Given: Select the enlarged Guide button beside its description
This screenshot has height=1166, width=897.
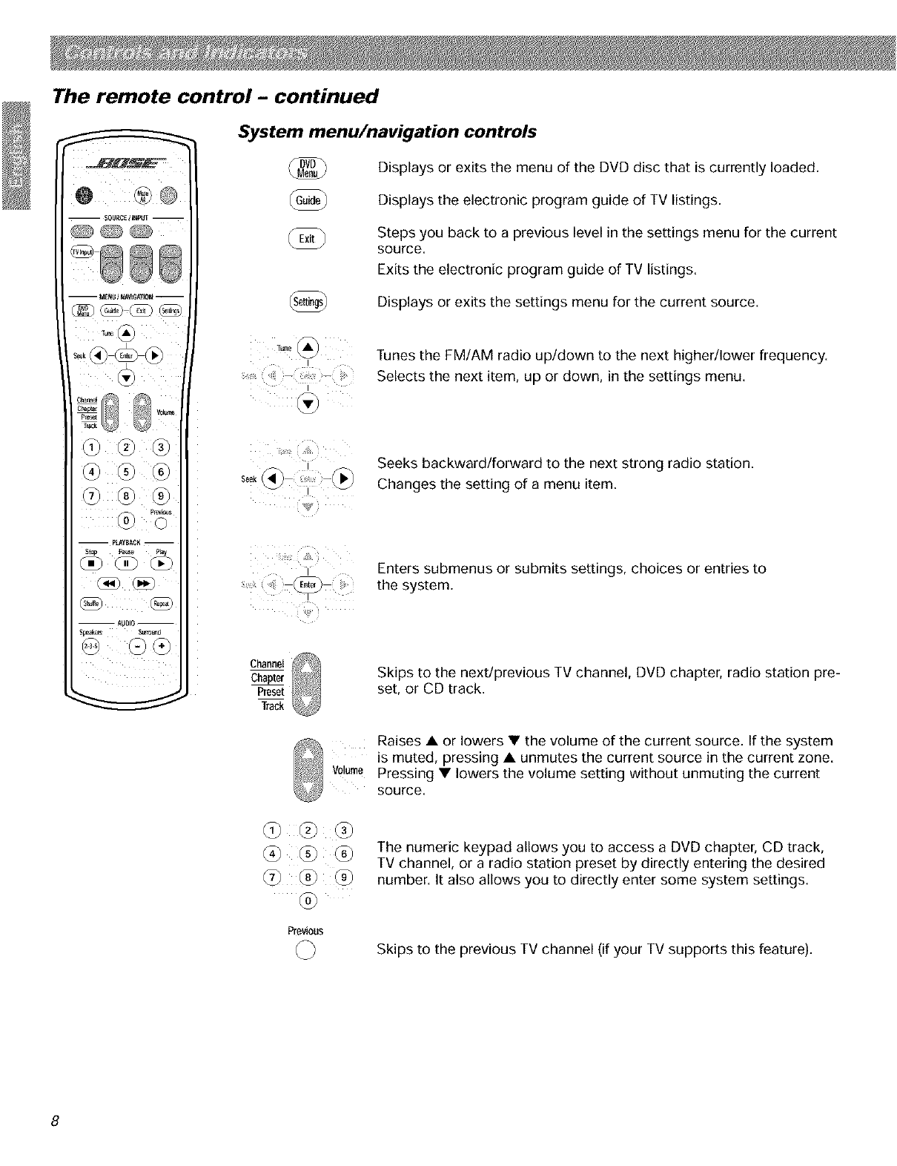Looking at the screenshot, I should pyautogui.click(x=308, y=200).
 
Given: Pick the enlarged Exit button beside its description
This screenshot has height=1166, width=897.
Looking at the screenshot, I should pyautogui.click(x=307, y=238).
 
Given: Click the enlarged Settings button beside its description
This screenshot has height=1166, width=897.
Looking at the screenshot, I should pyautogui.click(x=307, y=303).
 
